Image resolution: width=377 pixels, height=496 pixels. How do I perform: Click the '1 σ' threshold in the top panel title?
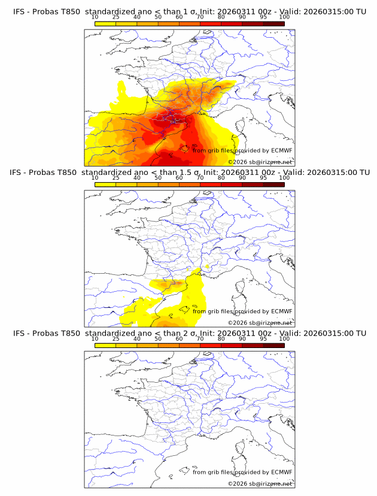point(191,11)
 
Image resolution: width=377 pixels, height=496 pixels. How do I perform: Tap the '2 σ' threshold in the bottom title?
point(191,333)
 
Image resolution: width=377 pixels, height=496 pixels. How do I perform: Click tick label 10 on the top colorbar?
point(95,17)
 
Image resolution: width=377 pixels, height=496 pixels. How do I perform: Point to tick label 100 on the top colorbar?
point(284,17)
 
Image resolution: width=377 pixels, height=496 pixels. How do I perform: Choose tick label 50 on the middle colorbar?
point(158,179)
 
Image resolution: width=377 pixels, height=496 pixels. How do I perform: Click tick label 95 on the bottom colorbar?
point(263,339)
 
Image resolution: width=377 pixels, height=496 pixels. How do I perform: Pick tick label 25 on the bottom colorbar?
point(116,339)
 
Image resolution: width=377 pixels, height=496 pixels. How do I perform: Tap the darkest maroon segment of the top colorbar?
point(273,23)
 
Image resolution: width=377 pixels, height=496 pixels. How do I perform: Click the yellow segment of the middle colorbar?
point(105,185)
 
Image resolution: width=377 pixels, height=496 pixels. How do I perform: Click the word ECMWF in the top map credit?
point(282,150)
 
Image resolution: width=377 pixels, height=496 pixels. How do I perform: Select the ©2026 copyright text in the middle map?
point(238,323)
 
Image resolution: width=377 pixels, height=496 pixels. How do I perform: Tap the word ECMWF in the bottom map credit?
point(282,472)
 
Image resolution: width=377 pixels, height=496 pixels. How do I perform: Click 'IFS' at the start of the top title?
point(19,11)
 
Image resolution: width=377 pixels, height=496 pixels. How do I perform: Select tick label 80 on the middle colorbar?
point(221,179)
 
